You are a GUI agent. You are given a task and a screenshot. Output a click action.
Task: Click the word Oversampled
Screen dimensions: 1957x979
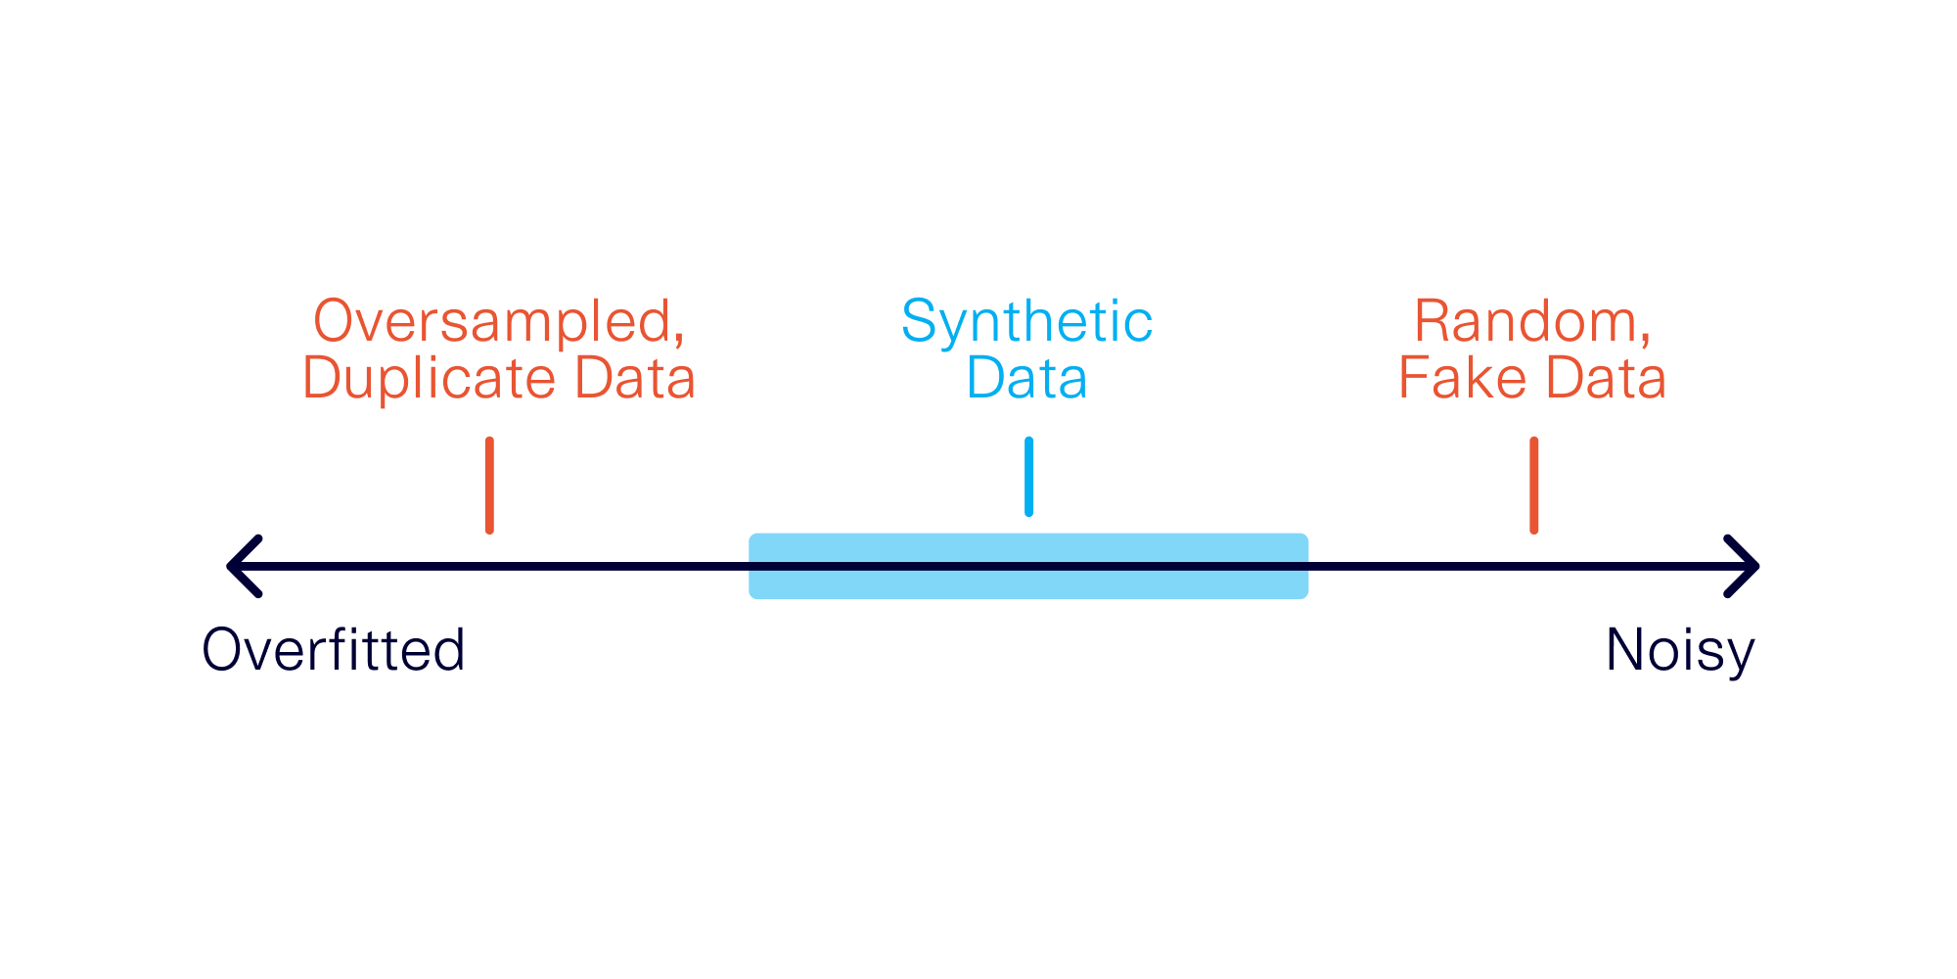(x=492, y=321)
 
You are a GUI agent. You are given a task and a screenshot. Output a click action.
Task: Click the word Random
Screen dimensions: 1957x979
(x=1525, y=321)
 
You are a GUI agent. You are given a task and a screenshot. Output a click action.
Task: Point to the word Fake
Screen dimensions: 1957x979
(x=1463, y=378)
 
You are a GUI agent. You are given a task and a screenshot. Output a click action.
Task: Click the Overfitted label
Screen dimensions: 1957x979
(x=333, y=649)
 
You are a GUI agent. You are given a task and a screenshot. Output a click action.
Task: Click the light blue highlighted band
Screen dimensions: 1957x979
(x=1028, y=566)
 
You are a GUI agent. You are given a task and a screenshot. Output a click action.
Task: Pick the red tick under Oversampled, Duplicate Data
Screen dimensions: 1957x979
(x=489, y=486)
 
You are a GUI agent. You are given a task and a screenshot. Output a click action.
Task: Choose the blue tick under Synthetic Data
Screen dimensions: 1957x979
(x=1028, y=477)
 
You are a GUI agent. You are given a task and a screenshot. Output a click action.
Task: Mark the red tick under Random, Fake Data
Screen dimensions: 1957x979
(x=1533, y=486)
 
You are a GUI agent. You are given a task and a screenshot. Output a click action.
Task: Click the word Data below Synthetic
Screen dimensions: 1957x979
(x=1026, y=378)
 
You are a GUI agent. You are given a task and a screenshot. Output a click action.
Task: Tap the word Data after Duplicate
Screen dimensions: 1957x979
(x=634, y=378)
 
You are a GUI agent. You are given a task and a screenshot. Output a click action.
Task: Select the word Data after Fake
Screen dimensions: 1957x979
(x=1606, y=378)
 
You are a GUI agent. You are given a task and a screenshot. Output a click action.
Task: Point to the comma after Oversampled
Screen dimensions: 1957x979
(x=678, y=339)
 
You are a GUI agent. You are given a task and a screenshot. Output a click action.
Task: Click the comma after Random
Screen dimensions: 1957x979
(x=1645, y=339)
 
